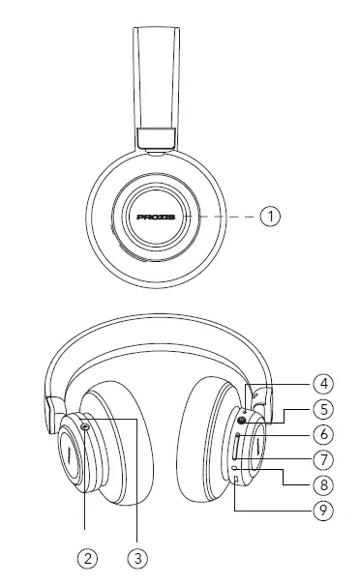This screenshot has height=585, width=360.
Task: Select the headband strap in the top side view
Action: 155,77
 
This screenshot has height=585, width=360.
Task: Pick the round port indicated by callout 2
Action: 86,426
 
